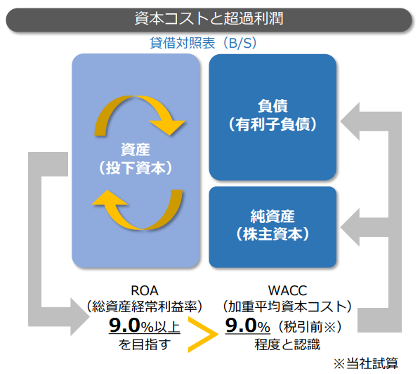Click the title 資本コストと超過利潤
(x=209, y=18)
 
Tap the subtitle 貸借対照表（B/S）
(x=203, y=43)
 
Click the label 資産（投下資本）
(x=136, y=159)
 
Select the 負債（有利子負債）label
(x=273, y=115)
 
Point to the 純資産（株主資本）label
(x=273, y=225)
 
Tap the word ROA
(x=145, y=290)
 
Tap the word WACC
(x=287, y=290)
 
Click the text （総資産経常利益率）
(x=145, y=307)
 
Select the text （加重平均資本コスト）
(x=287, y=307)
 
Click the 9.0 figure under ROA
(x=124, y=325)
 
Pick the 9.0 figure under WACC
(x=241, y=325)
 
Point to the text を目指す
(x=145, y=344)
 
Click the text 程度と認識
(x=287, y=344)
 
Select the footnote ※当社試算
(x=366, y=363)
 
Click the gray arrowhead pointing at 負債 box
(x=350, y=121)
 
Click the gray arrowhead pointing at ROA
(x=80, y=317)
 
